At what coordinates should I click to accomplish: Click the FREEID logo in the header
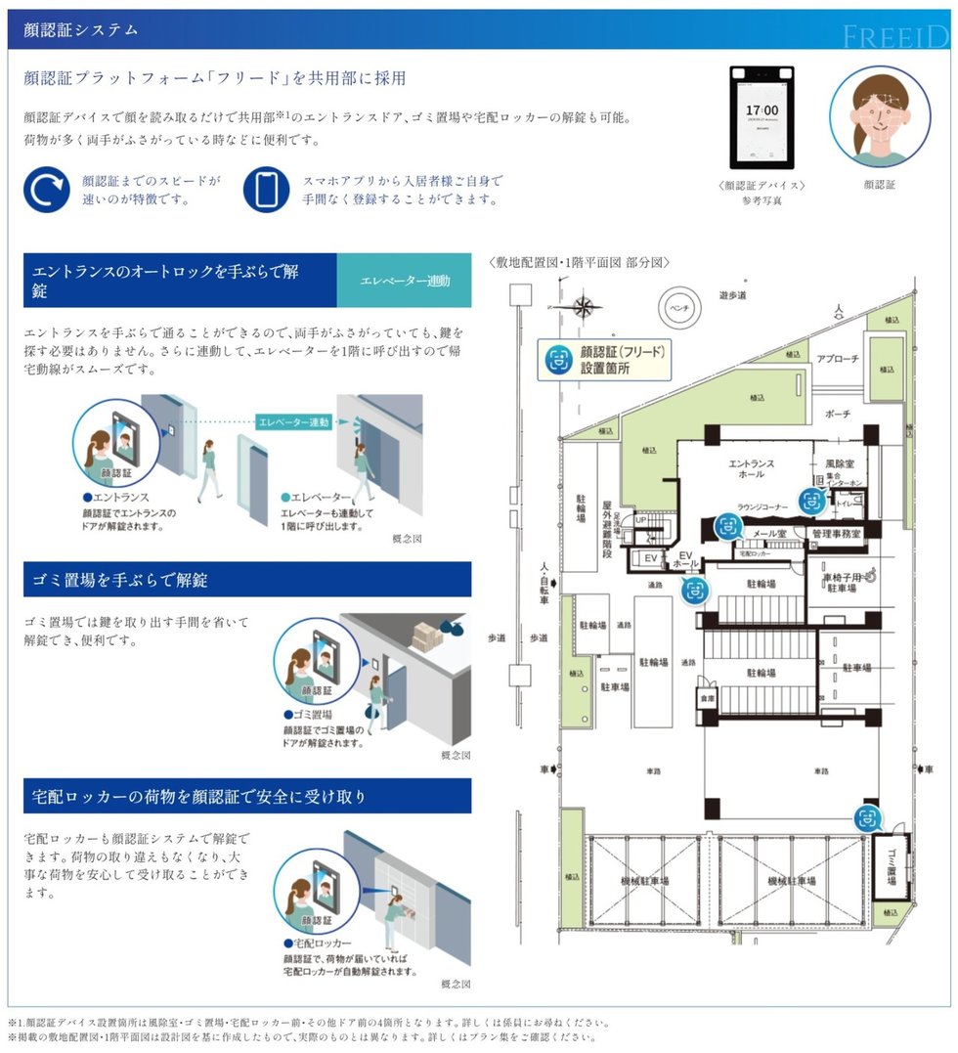[894, 36]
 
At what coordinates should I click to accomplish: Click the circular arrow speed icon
[46, 190]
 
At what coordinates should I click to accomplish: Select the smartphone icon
[266, 190]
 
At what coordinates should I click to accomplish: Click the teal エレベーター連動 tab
[404, 282]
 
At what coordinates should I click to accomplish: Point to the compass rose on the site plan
[584, 307]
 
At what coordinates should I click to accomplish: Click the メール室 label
[768, 534]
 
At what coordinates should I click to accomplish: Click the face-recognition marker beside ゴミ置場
[866, 818]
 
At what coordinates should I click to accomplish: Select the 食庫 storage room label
[707, 700]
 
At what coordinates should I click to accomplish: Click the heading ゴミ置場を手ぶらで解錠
[119, 580]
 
